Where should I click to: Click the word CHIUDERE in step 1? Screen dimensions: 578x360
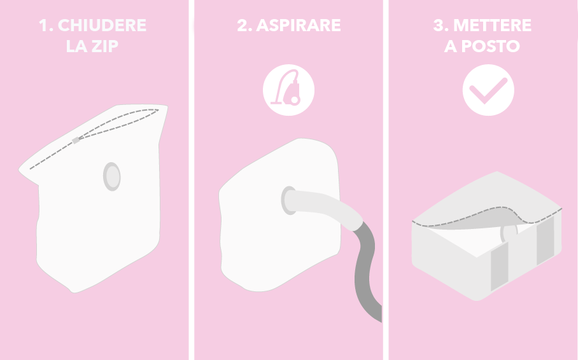click(x=102, y=25)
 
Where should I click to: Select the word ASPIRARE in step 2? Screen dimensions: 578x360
click(x=298, y=25)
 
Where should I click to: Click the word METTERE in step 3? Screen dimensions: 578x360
click(x=493, y=25)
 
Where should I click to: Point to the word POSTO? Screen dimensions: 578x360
click(x=491, y=46)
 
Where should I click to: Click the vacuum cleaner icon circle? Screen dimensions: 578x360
click(x=288, y=90)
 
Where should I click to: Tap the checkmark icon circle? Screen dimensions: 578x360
click(x=488, y=90)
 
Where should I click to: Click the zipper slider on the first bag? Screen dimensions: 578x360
click(x=76, y=141)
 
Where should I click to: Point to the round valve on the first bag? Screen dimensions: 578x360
click(x=112, y=176)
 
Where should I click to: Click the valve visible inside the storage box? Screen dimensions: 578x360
click(x=509, y=233)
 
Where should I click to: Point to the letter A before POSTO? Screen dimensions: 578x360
click(x=451, y=46)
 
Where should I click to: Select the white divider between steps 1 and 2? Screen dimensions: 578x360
click(x=192, y=180)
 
